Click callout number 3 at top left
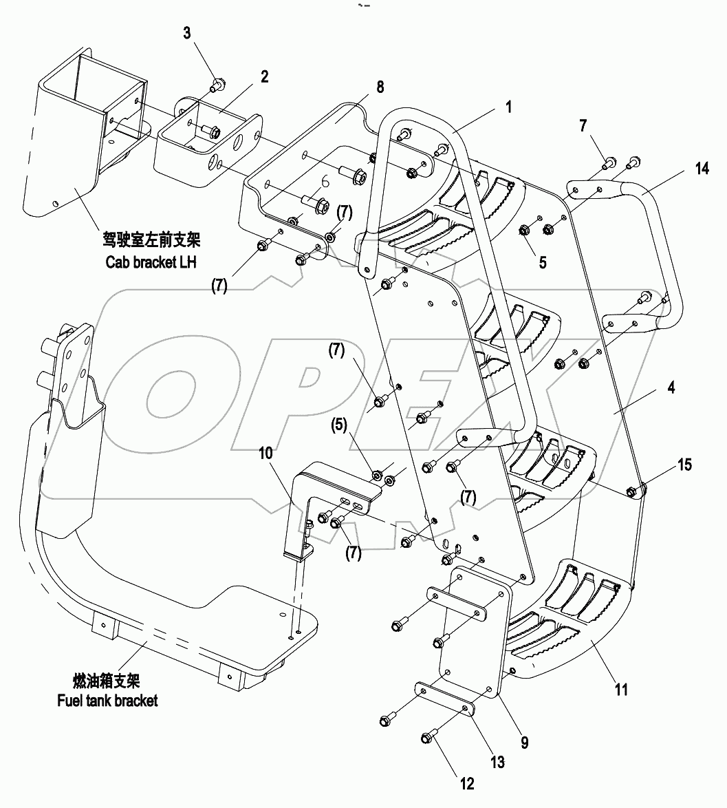(x=188, y=33)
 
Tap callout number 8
(x=380, y=87)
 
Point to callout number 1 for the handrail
(x=508, y=107)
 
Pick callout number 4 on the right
(x=671, y=387)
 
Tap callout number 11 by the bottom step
(x=621, y=689)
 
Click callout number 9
(x=524, y=743)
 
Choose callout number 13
(x=497, y=762)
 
